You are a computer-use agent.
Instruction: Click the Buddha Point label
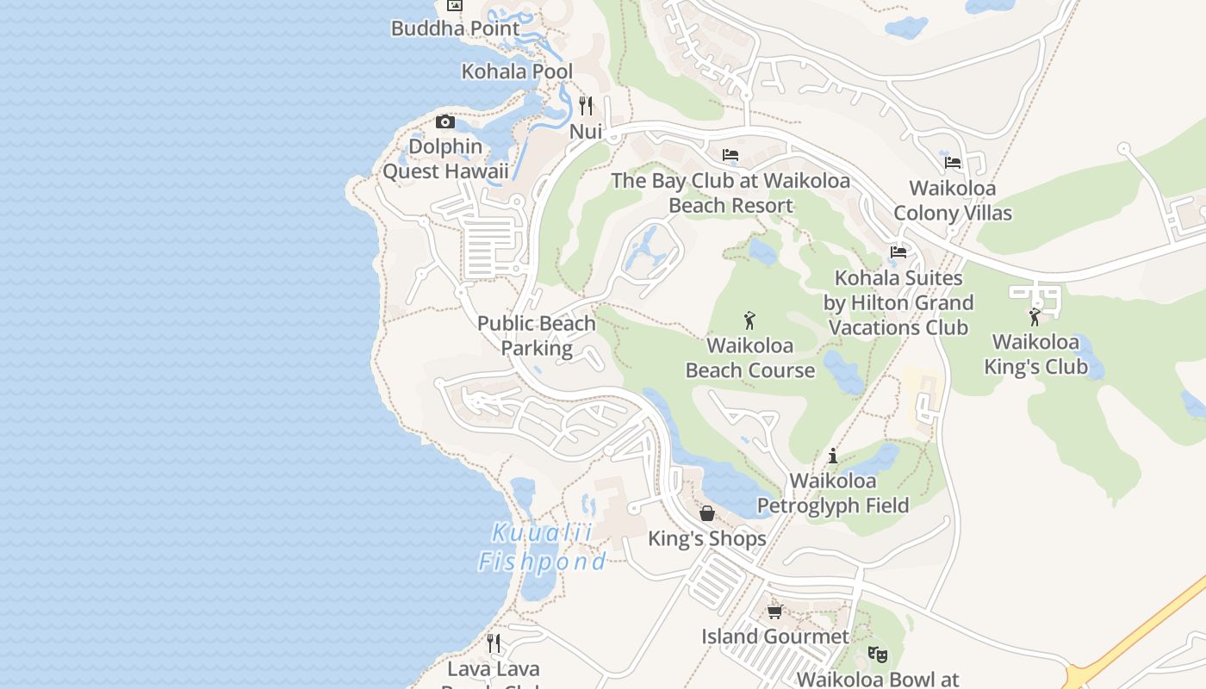tap(455, 28)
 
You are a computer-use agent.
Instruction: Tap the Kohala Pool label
tap(517, 71)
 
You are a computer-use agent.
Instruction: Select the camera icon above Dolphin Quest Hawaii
tap(445, 122)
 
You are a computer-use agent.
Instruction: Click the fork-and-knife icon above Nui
tap(586, 106)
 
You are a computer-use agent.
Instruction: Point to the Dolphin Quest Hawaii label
tap(445, 159)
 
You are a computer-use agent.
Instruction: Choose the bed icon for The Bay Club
tap(730, 155)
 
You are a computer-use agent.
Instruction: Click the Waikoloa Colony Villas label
tap(953, 201)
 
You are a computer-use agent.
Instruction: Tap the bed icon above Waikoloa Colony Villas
tap(953, 162)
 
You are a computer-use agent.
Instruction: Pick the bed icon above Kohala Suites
tap(898, 252)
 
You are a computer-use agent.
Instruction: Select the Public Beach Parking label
tap(537, 336)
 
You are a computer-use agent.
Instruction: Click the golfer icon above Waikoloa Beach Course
tap(749, 320)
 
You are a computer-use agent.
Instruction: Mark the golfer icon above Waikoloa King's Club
tap(1035, 317)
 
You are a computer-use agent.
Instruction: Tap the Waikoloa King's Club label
tap(1035, 355)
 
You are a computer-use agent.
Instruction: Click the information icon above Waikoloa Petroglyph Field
tap(833, 456)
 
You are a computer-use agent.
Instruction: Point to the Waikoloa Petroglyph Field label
tap(833, 493)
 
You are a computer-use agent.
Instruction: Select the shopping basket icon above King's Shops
tap(707, 513)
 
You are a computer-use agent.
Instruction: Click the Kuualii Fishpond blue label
tap(543, 548)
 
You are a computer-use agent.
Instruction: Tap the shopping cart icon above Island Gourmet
tap(774, 611)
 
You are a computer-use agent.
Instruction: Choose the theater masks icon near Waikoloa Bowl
tap(878, 654)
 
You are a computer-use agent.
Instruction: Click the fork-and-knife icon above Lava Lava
tap(494, 643)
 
